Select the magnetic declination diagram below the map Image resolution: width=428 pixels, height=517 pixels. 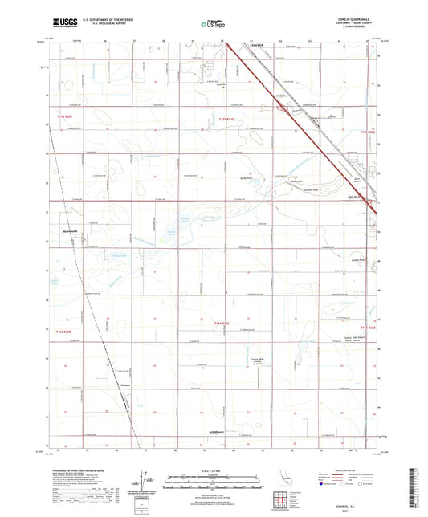click(145, 486)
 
